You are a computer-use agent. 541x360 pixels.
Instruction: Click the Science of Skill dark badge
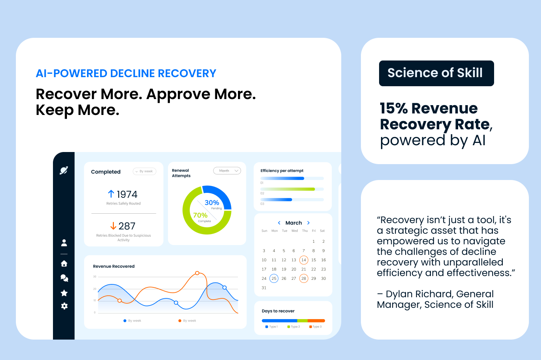[436, 73]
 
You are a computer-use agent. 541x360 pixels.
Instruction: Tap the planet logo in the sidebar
[64, 171]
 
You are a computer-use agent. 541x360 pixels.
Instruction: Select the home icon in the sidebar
[64, 264]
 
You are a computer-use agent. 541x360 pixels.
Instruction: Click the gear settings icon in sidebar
[64, 306]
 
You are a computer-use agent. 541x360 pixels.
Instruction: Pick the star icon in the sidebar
[64, 293]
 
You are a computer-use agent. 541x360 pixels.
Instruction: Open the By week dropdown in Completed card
[145, 171]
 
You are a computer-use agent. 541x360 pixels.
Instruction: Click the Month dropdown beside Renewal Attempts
[227, 171]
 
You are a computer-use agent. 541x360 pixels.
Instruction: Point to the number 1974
[127, 194]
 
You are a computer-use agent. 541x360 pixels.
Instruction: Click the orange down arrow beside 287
[113, 226]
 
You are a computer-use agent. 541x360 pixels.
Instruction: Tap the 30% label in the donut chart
[212, 203]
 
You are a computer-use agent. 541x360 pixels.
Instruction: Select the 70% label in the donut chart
[200, 215]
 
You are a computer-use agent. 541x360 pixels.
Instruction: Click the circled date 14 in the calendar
[303, 260]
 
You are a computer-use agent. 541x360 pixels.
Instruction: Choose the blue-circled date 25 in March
[274, 279]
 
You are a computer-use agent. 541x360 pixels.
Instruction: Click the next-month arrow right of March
[308, 223]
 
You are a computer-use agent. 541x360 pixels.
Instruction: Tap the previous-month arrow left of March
[279, 223]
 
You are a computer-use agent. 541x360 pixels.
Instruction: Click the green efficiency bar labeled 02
[288, 189]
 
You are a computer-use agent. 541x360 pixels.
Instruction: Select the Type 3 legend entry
[316, 327]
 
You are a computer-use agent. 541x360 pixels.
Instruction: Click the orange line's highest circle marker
[197, 273]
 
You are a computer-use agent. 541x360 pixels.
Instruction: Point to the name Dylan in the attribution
[400, 294]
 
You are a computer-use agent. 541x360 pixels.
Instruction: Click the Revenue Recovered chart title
[114, 267]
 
